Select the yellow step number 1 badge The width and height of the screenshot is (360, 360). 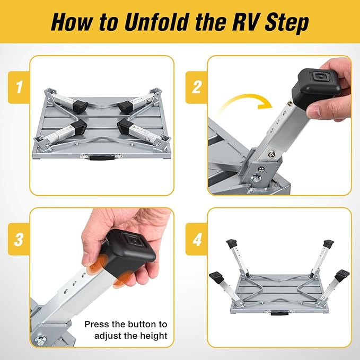(19, 87)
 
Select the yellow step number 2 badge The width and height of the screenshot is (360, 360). (197, 87)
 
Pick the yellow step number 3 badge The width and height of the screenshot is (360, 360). (19, 239)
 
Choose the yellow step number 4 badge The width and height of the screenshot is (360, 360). (197, 239)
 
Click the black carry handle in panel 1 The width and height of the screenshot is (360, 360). (100, 157)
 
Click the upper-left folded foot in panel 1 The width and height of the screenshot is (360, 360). (79, 104)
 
